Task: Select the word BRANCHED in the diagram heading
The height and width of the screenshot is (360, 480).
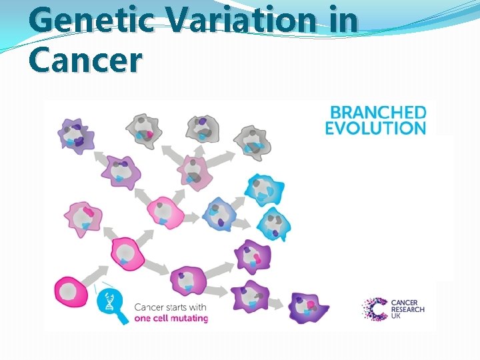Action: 375,112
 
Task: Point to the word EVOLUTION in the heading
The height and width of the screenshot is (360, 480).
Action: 375,128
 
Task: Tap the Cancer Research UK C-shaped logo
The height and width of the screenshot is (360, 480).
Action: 374,309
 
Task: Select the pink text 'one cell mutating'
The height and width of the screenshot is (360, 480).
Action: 171,318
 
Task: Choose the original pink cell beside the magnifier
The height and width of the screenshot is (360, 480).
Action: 75,292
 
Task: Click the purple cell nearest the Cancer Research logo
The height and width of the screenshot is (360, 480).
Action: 309,309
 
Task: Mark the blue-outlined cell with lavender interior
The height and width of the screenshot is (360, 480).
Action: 219,213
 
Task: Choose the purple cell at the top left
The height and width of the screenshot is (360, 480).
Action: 75,135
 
